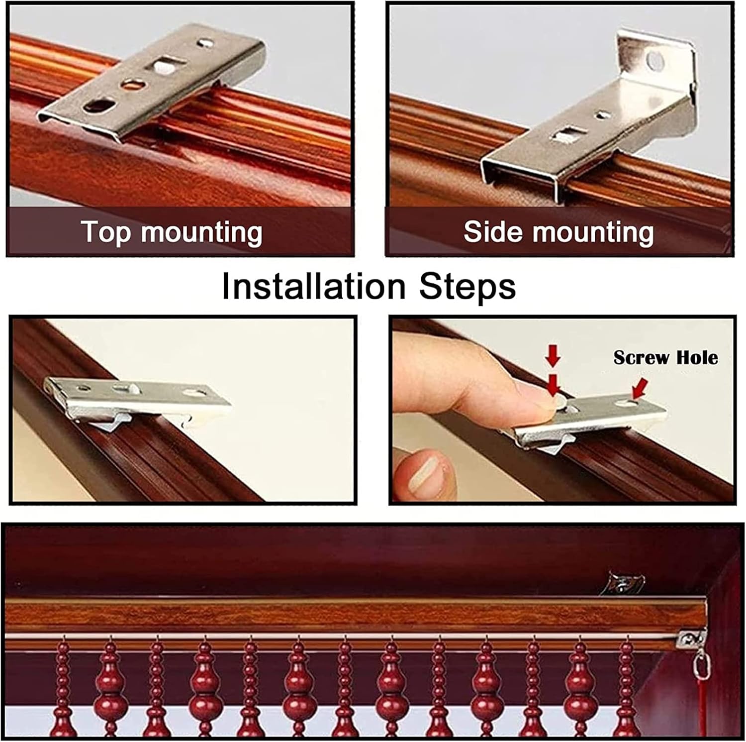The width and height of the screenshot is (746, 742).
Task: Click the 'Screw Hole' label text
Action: point(665,357)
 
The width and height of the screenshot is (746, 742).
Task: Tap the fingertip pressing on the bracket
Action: point(542,401)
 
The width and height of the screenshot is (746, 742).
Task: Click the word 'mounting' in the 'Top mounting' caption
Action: point(201,232)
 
